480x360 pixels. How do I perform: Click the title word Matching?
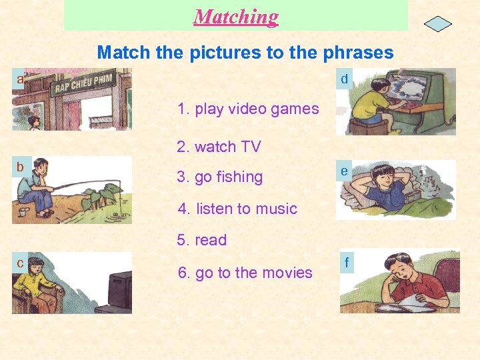click(236, 17)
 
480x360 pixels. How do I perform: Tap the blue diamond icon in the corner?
click(437, 24)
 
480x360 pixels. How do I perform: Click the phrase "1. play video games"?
click(248, 109)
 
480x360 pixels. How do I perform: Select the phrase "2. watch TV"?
click(219, 147)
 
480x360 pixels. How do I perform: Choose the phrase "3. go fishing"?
click(220, 177)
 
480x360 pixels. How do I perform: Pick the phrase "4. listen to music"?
click(237, 209)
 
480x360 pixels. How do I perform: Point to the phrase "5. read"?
click(202, 240)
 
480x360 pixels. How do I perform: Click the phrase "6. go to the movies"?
click(245, 273)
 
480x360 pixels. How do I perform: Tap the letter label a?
click(20, 79)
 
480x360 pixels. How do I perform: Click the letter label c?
click(20, 263)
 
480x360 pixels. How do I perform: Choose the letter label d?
click(344, 79)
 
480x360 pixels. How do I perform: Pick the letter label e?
click(344, 171)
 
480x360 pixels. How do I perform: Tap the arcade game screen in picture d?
click(414, 89)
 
